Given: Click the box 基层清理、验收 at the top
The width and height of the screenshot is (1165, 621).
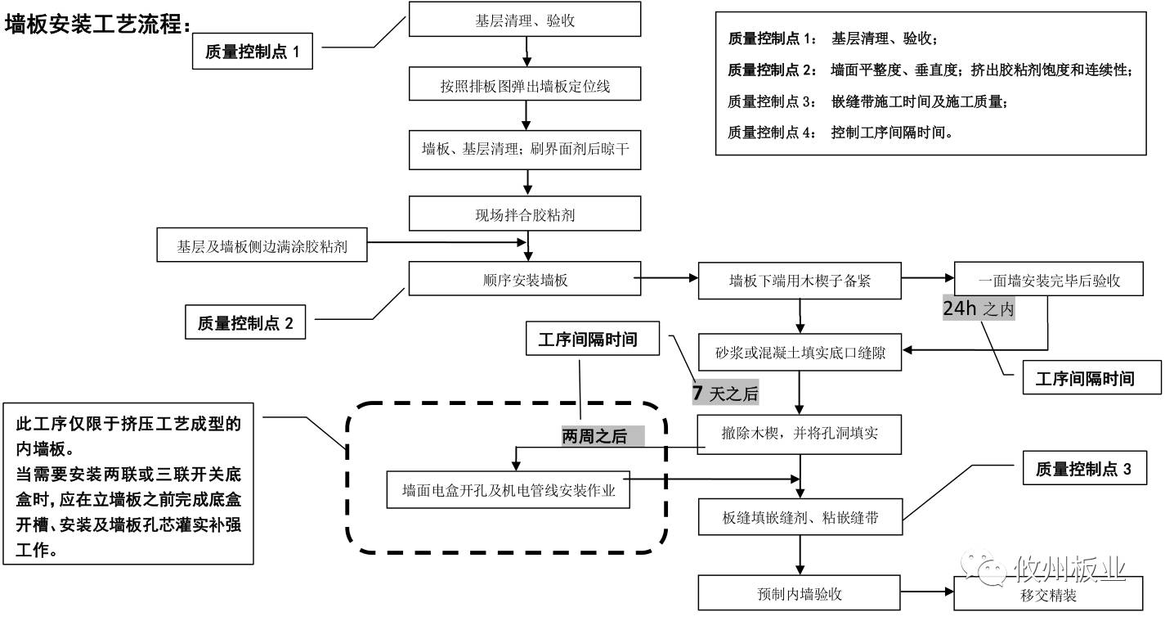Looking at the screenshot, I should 525,20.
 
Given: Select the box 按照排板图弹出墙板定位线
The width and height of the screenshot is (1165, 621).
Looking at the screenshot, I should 525,85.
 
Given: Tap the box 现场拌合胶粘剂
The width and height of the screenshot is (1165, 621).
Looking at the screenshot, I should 525,216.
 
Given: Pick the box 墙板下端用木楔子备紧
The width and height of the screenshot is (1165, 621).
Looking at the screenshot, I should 800,281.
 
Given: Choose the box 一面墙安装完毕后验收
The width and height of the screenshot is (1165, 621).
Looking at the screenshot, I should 1048,281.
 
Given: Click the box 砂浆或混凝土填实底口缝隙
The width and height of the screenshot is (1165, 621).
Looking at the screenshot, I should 800,353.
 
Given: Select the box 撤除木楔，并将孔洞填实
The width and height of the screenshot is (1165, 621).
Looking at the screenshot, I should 800,434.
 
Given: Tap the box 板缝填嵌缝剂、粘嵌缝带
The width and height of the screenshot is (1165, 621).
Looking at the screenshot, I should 800,518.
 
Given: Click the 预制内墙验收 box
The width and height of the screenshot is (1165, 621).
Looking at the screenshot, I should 800,593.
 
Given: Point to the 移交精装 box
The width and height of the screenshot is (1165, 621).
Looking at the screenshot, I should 1048,595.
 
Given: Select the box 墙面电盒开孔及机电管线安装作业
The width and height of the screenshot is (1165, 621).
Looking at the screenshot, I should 509,491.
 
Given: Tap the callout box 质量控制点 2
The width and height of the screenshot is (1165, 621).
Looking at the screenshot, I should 245,323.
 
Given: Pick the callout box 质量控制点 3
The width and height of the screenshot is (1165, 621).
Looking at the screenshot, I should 1084,470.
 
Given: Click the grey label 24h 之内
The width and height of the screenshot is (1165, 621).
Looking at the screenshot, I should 979,308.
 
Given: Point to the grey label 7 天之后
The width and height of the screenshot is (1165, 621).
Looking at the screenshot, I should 726,394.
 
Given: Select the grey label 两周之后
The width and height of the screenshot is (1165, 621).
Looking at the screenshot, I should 602,437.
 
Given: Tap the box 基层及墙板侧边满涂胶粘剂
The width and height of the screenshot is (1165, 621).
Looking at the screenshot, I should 262,246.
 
